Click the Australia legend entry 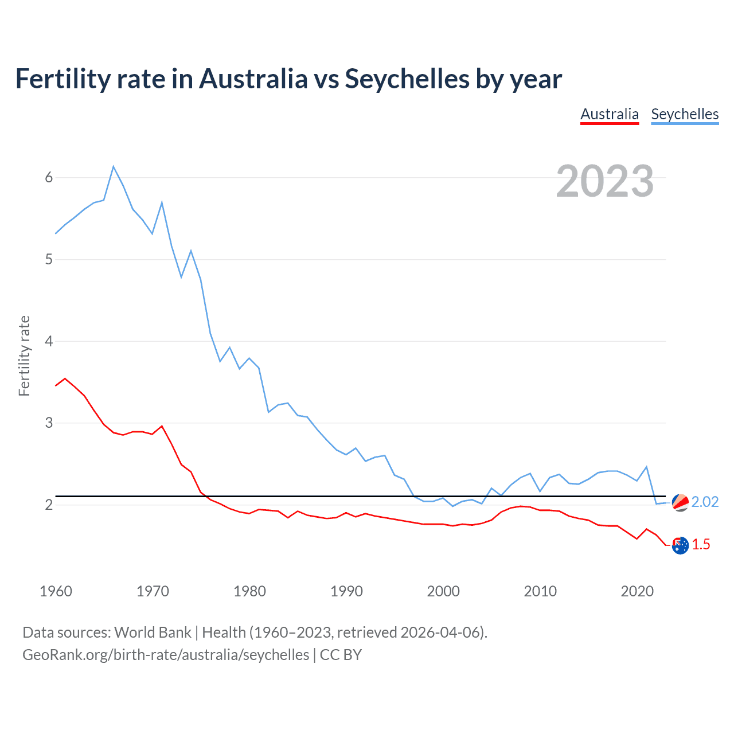[610, 114]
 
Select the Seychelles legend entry [685, 114]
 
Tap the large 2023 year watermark [605, 181]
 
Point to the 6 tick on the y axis [49, 178]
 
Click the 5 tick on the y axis [49, 260]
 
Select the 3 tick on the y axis [49, 423]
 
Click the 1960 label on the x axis [56, 591]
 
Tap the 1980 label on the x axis [249, 591]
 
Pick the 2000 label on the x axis [443, 591]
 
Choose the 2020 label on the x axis [637, 591]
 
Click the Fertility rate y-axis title [24, 356]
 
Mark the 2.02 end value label [705, 502]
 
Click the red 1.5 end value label [701, 545]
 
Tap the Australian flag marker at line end [680, 546]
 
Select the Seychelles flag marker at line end [680, 502]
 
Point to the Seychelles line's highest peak [114, 167]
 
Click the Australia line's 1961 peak [65, 378]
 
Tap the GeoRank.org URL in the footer [166, 655]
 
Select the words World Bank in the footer [153, 633]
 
